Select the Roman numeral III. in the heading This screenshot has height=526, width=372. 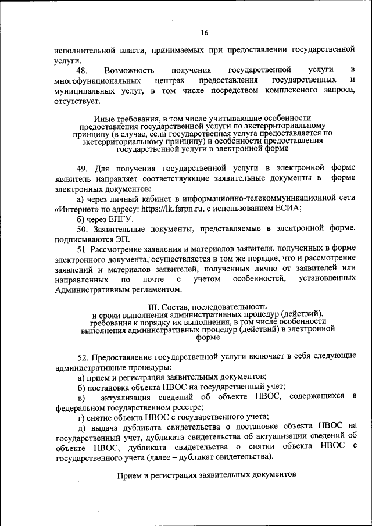pyautogui.click(x=155, y=306)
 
